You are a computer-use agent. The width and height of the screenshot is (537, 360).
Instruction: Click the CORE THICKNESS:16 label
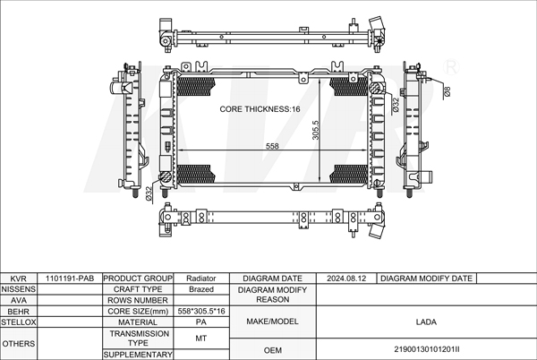coord(260,109)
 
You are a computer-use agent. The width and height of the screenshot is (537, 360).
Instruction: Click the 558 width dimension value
coord(272,146)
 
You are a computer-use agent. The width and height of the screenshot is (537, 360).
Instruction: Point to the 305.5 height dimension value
coord(315,130)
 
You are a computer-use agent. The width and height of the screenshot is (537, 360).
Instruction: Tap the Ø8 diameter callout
coord(447,91)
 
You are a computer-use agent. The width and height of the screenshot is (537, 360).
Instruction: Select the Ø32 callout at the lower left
coord(149,193)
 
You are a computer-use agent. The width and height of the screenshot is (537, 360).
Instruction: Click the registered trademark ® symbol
coord(451,68)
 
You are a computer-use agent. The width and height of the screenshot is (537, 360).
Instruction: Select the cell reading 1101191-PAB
coord(70,279)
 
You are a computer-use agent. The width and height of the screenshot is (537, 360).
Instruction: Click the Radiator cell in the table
coord(201,279)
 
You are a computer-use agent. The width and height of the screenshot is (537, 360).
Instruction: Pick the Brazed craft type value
coord(201,289)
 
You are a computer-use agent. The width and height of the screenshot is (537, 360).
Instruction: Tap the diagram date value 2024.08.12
coord(346,279)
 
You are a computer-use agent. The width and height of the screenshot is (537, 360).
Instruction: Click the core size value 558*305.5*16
coord(201,311)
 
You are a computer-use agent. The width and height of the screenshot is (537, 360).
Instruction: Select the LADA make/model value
coord(426,322)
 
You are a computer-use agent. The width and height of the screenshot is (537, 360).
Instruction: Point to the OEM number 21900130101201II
coord(427,349)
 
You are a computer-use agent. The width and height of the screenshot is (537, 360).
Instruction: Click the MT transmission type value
coord(201,339)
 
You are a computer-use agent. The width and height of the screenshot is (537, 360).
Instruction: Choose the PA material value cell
coord(201,322)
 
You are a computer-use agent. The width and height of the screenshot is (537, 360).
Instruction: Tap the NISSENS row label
coord(18,289)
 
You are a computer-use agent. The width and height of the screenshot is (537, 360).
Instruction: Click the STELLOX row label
coord(18,322)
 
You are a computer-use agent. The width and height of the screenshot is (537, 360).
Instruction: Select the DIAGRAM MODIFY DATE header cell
coord(426,279)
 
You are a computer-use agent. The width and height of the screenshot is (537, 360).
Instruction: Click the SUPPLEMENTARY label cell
coord(138,355)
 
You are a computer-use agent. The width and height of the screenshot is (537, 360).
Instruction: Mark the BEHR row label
coord(18,311)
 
